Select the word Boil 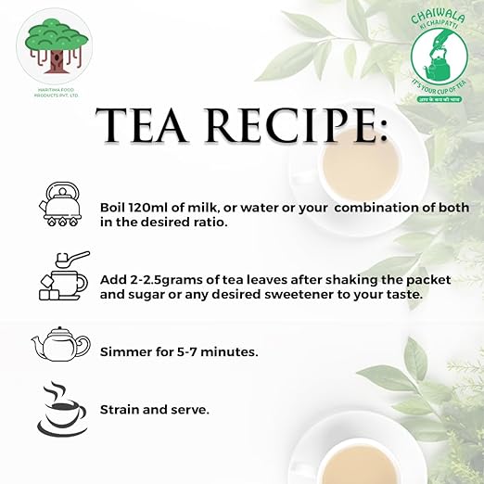(x=115, y=207)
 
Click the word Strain (x=121, y=408)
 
